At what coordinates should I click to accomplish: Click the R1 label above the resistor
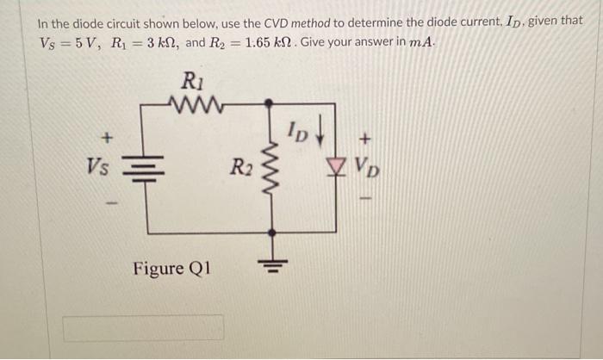[x=192, y=82]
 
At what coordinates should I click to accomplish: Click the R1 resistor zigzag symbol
[x=197, y=106]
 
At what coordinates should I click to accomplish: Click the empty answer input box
[x=143, y=327]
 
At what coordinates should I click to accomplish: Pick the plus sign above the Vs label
[x=107, y=136]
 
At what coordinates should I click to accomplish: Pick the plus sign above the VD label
[x=366, y=137]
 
